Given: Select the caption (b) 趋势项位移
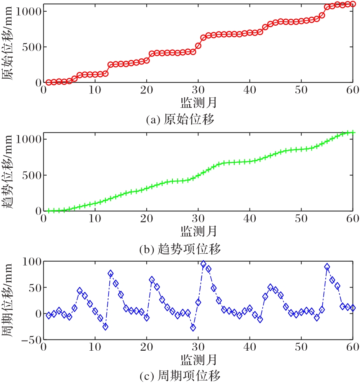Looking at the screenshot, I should (180, 249).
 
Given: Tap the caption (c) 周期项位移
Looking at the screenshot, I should (180, 376).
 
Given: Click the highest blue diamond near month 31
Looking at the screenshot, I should (203, 264).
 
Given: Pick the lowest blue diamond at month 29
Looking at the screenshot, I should (193, 328).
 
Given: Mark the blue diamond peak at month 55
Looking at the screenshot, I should (327, 267).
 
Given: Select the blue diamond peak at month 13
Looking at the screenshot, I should (111, 273).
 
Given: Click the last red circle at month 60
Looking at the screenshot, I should (353, 4).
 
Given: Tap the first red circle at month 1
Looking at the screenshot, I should (49, 82).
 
